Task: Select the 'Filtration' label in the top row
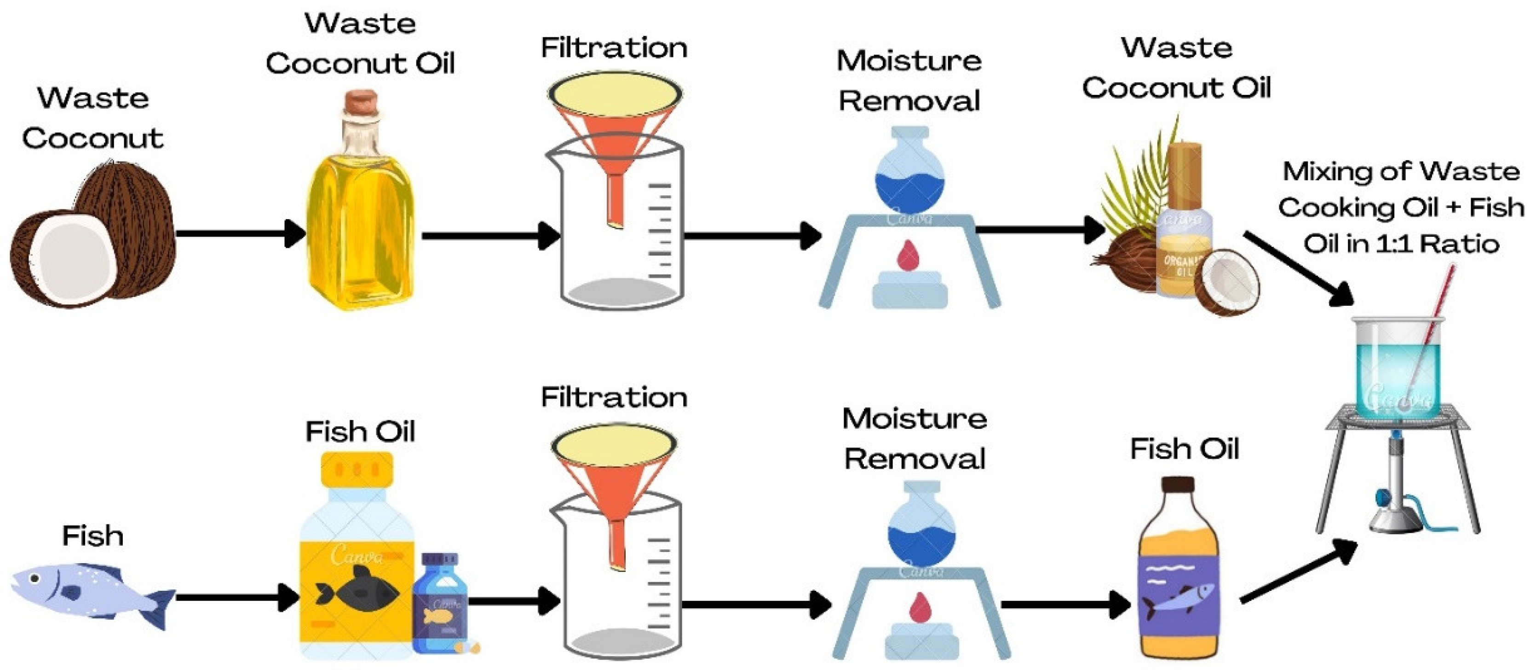[x=614, y=48]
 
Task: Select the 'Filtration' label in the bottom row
[x=614, y=397]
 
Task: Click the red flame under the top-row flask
[x=908, y=256]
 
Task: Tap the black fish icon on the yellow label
[x=357, y=591]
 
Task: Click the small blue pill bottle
[x=440, y=603]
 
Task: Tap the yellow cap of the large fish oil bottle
[x=357, y=469]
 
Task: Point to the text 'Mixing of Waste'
[x=1401, y=172]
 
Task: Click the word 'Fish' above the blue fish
[x=93, y=536]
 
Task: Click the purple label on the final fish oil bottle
[x=1178, y=597]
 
